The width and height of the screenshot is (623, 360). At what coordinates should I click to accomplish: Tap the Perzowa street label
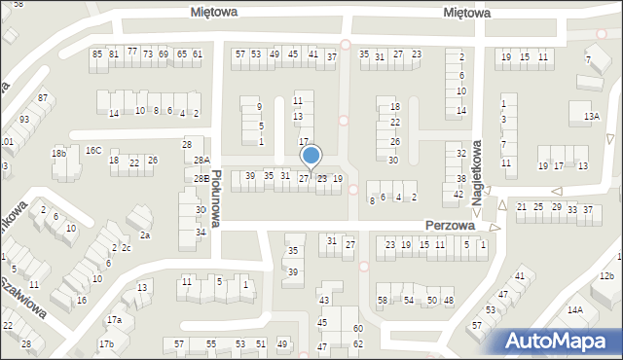[449, 225]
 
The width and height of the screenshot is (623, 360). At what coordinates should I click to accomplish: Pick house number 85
[97, 54]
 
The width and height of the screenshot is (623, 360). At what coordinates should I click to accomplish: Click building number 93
[23, 119]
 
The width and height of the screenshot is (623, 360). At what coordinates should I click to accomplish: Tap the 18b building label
[59, 153]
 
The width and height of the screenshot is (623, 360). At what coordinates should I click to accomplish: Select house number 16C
[93, 150]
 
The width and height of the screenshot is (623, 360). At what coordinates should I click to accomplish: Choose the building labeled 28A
[202, 161]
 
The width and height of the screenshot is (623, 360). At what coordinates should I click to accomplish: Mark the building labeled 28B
[200, 179]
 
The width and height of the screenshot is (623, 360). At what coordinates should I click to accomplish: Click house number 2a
[145, 234]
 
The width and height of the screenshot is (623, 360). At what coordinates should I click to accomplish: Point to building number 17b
[106, 343]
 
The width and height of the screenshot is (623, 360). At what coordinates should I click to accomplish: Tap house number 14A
[575, 310]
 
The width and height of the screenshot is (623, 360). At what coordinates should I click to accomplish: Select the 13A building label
[592, 117]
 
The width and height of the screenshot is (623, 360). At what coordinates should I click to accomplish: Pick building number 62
[358, 344]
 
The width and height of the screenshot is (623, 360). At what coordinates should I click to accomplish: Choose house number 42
[458, 195]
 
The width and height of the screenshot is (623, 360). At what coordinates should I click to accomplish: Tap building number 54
[409, 301]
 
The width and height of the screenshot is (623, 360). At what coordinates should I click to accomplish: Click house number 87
[43, 98]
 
